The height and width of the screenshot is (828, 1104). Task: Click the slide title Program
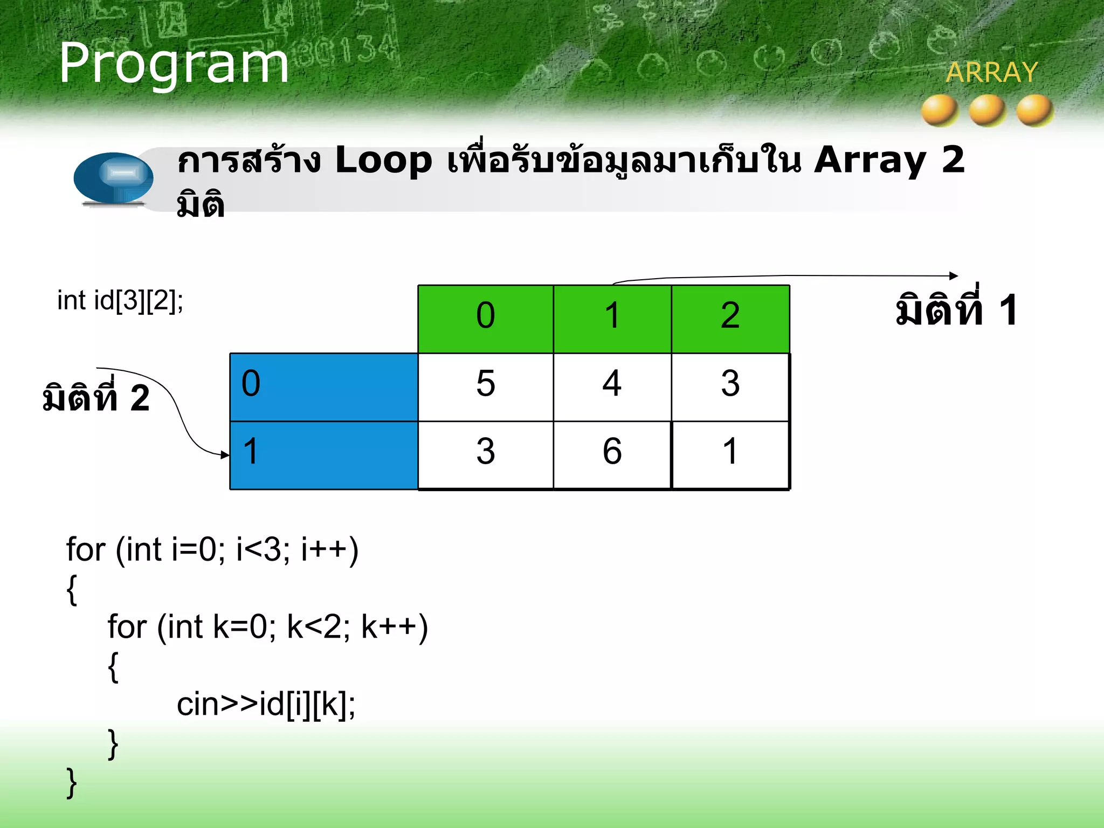click(174, 64)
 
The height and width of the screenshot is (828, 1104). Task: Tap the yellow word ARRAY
click(992, 72)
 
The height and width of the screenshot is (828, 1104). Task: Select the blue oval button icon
click(113, 178)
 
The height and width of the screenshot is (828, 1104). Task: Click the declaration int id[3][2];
click(120, 300)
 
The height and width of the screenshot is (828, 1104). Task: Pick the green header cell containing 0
click(485, 319)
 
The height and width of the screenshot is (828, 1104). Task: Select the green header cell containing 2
click(730, 319)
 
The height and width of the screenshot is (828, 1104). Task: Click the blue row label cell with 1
click(323, 455)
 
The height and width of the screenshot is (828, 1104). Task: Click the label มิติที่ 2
click(96, 397)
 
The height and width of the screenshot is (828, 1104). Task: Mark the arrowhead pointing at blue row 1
click(225, 455)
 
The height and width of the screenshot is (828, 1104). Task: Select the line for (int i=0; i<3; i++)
click(212, 550)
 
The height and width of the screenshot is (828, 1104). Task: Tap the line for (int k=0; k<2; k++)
click(267, 627)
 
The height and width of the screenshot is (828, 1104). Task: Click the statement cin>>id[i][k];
click(266, 704)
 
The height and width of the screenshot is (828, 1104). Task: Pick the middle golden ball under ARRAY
click(987, 111)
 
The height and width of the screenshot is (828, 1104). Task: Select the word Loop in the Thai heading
click(383, 161)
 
